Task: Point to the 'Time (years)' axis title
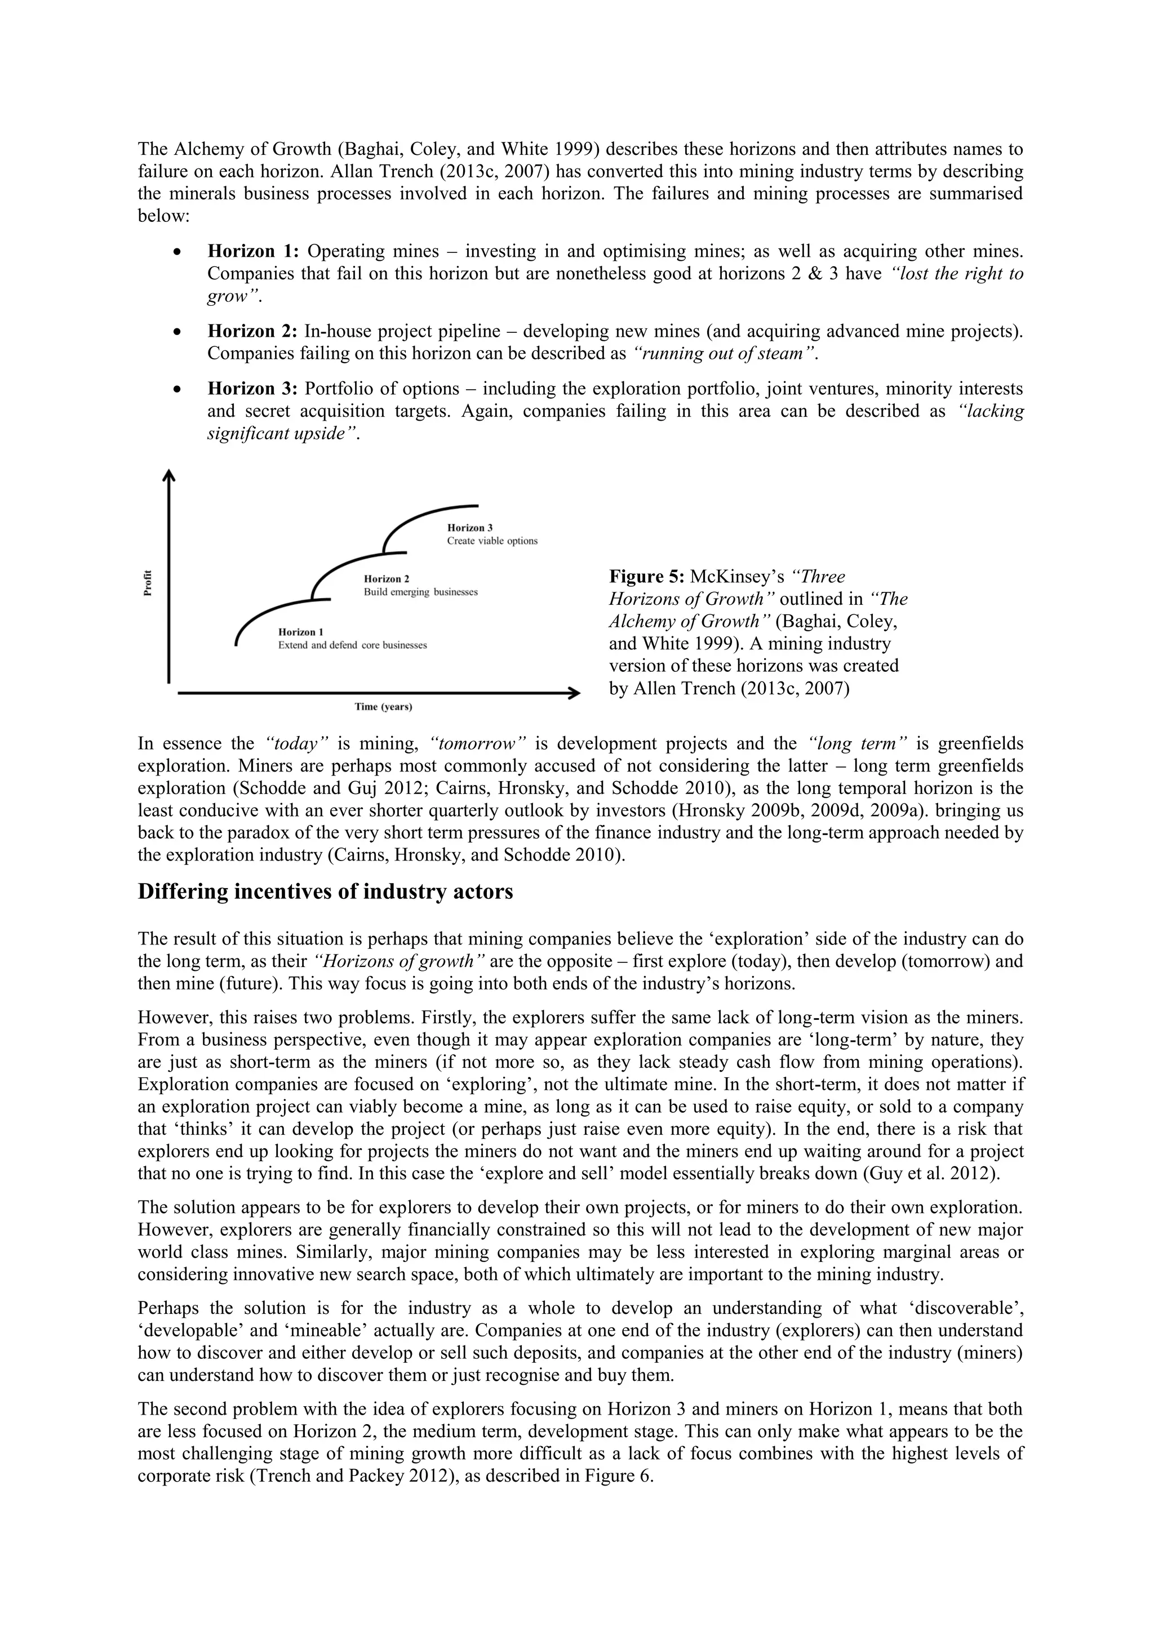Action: click(x=383, y=707)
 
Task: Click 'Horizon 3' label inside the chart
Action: click(x=469, y=528)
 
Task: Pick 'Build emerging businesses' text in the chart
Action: click(x=420, y=591)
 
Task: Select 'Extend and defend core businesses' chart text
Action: click(x=352, y=645)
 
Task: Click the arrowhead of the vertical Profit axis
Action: click(x=168, y=475)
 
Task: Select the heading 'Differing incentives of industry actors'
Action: click(x=325, y=891)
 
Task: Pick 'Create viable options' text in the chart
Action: click(x=492, y=541)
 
